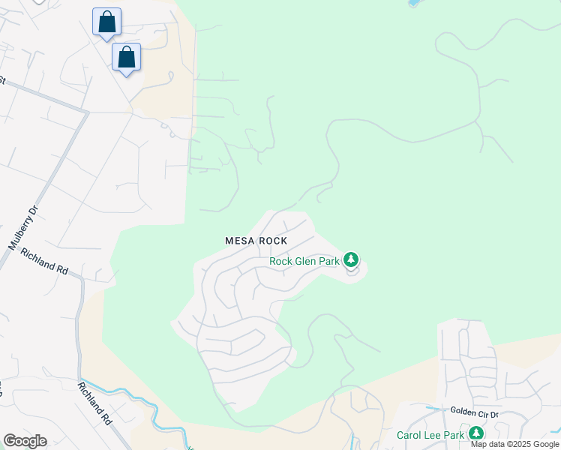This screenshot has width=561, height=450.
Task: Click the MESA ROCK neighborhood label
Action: [256, 241]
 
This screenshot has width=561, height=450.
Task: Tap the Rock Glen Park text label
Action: [304, 261]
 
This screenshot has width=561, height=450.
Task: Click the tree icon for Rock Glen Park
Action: [350, 260]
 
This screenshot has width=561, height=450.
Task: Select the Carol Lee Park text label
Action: [430, 435]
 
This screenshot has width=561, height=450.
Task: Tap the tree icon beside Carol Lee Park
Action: [475, 433]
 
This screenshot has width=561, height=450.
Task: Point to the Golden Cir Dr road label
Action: [474, 411]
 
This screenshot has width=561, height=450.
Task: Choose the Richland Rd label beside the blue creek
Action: [94, 403]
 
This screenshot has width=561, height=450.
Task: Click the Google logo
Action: [25, 441]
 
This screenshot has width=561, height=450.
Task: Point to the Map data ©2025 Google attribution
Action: [514, 444]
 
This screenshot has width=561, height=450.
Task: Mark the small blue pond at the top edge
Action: [413, 3]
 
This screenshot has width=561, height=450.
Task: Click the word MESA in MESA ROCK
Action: [240, 241]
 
